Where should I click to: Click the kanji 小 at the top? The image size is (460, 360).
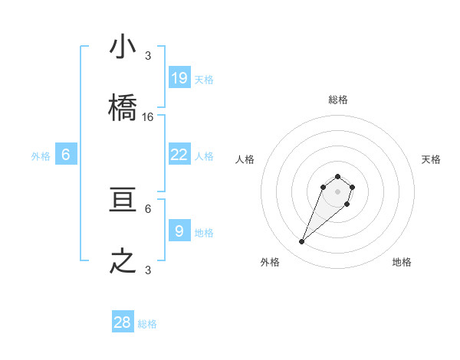pyautogui.click(x=123, y=47)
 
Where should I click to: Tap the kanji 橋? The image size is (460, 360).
pyautogui.click(x=123, y=108)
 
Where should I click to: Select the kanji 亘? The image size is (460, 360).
pyautogui.click(x=123, y=200)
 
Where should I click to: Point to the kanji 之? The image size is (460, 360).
pyautogui.click(x=123, y=261)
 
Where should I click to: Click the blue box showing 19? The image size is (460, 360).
pyautogui.click(x=179, y=77)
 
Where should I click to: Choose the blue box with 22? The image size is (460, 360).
pyautogui.click(x=179, y=154)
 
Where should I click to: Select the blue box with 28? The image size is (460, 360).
pyautogui.click(x=123, y=322)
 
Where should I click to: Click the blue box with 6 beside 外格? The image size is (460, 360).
pyautogui.click(x=66, y=154)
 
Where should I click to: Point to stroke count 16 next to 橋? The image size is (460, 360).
pyautogui.click(x=148, y=117)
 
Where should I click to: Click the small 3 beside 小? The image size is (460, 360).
pyautogui.click(x=148, y=56)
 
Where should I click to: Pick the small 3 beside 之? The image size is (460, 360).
pyautogui.click(x=148, y=270)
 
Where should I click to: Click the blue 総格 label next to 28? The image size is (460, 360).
pyautogui.click(x=147, y=324)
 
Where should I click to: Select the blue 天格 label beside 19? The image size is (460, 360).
pyautogui.click(x=204, y=79)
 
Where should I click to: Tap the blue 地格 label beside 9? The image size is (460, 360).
pyautogui.click(x=204, y=232)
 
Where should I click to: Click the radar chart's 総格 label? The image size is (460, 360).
pyautogui.click(x=338, y=100)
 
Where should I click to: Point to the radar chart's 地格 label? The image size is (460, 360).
pyautogui.click(x=402, y=262)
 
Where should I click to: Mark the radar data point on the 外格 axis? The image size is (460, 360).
pyautogui.click(x=302, y=242)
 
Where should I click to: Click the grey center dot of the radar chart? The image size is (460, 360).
pyautogui.click(x=337, y=191)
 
